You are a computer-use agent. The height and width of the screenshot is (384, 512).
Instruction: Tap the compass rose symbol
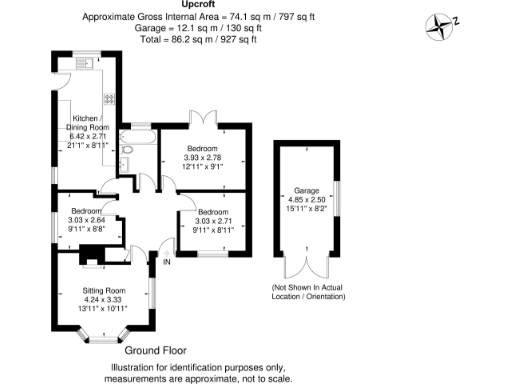point(440,23)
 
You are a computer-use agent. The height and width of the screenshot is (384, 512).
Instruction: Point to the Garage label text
point(306,189)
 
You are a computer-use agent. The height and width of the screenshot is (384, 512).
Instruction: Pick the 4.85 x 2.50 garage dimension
point(306,198)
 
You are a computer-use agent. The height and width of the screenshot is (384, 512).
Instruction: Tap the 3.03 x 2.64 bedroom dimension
point(86,220)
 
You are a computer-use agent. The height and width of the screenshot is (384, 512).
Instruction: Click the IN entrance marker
point(167,262)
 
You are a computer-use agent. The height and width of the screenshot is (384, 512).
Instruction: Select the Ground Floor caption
point(156,352)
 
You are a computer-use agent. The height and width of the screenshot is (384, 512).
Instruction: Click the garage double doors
point(306,265)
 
